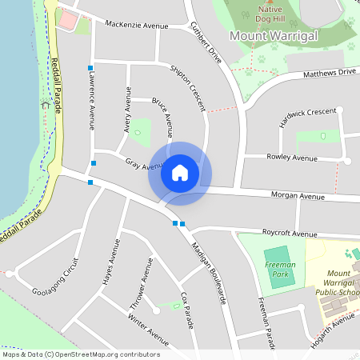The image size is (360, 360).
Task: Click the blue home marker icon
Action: tap(180, 172)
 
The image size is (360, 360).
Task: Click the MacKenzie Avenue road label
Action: tap(137, 26)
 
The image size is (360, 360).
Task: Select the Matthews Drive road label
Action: tap(329, 73)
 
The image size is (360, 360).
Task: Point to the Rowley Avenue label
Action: tap(292, 158)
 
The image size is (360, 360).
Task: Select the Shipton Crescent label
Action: tap(187, 83)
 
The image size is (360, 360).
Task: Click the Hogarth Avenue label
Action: tap(333, 326)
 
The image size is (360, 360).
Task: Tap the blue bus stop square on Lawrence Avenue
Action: tap(90, 67)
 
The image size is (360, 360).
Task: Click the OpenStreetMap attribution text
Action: tap(81, 354)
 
